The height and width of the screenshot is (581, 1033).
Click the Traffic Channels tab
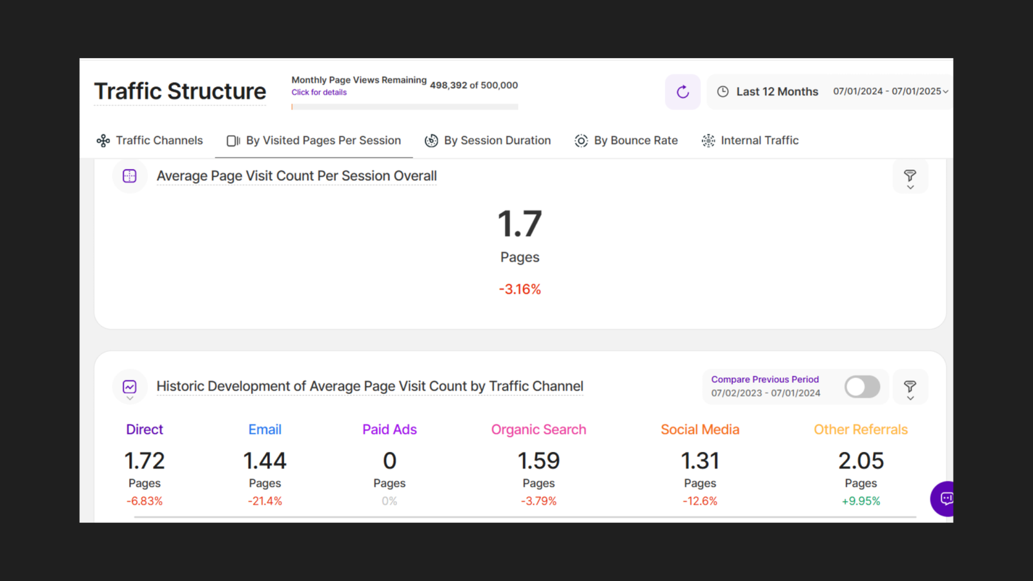150,140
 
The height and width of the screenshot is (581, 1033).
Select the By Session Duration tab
488,140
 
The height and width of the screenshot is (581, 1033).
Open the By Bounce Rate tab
626,140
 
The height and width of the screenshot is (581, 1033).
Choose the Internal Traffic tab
750,140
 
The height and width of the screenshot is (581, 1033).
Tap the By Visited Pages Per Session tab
314,140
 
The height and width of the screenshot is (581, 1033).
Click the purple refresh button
682,92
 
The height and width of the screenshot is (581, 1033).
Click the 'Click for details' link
319,92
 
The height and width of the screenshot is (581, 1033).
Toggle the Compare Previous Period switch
862,387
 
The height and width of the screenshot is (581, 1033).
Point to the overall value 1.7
520,224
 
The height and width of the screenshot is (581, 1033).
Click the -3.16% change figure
520,289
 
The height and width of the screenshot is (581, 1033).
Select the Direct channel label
145,429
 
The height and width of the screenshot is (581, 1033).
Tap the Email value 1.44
265,461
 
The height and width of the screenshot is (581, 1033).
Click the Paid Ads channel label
389,429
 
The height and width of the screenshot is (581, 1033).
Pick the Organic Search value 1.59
538,461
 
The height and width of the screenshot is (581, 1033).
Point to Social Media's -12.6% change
700,501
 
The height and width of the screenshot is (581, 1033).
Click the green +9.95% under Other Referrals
861,501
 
